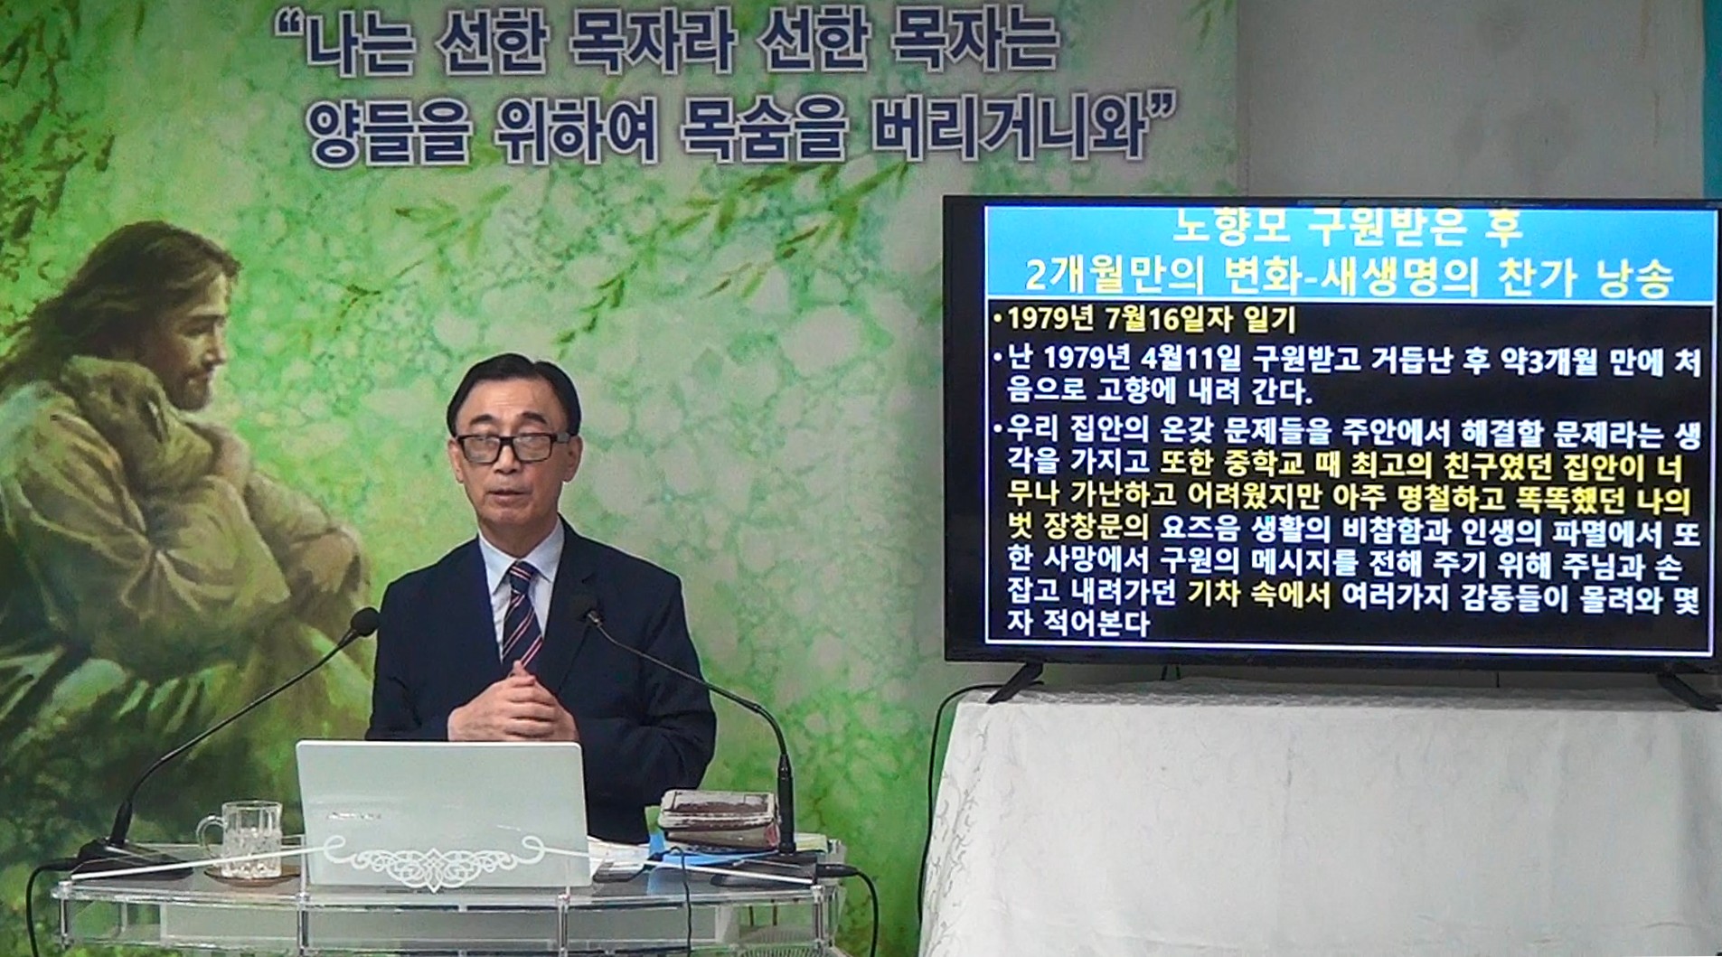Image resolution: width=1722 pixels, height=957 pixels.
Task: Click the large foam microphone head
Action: pyautogui.click(x=363, y=621)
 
